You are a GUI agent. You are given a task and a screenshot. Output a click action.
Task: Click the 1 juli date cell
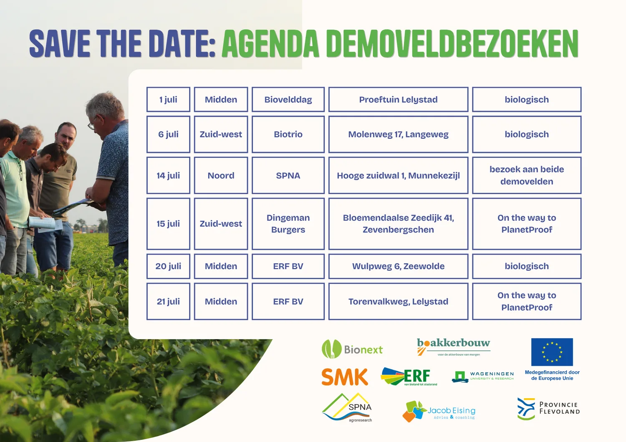168,100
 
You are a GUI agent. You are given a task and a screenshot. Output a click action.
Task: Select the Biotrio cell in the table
288,135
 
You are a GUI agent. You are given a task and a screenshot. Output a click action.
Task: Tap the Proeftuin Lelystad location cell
398,100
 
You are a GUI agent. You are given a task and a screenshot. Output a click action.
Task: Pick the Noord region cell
221,175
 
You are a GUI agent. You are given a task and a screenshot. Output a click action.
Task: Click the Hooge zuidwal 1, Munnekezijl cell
398,175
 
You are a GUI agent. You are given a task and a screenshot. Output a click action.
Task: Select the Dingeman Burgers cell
288,224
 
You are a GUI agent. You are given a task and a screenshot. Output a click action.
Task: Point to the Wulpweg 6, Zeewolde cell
398,266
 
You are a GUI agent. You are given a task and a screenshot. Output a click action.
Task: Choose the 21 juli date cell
168,301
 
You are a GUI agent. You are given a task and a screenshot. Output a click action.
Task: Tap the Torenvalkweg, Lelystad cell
398,301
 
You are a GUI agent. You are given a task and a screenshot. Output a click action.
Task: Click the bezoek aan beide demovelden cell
527,175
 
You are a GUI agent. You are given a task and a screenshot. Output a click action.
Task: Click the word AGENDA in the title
270,44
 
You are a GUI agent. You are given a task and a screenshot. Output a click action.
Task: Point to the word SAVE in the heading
60,44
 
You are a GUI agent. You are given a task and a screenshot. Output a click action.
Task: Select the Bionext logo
352,349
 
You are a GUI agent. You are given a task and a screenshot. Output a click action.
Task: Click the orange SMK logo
345,377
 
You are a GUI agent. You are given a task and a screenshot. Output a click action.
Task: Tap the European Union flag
552,352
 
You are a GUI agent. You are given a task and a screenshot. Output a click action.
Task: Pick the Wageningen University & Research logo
482,377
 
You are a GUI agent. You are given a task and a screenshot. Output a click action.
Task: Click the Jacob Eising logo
439,411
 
